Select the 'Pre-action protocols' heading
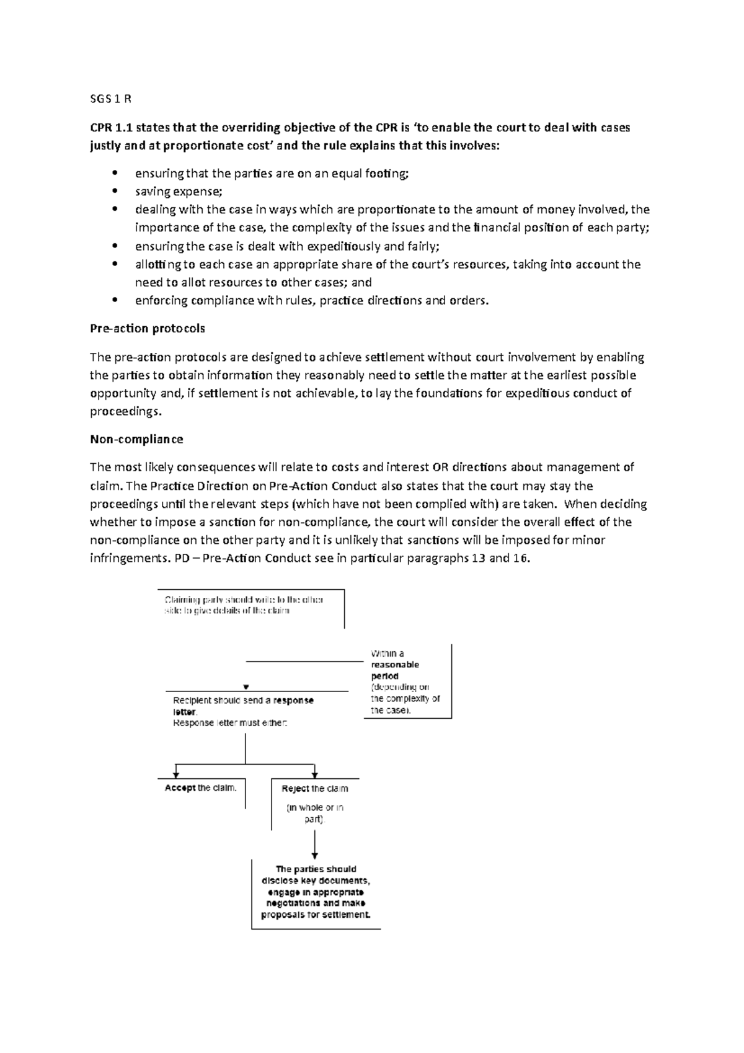tap(147, 328)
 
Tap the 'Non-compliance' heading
tap(136, 439)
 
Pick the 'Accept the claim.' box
tap(200, 788)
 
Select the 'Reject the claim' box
tap(314, 789)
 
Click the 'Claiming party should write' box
tap(244, 605)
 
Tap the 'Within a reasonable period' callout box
tap(405, 681)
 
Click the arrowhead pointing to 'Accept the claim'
tap(177, 774)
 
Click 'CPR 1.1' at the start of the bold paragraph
tap(112, 128)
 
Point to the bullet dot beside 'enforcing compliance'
tap(113, 301)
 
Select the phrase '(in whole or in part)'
tap(314, 813)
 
